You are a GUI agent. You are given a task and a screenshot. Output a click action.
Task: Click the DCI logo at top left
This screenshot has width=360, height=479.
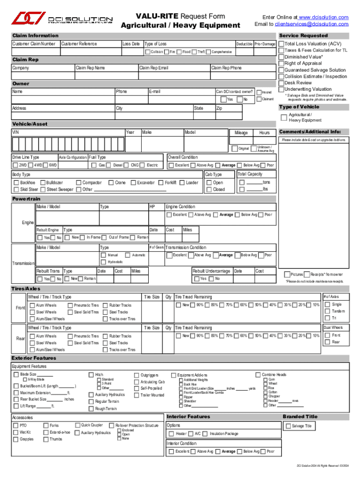[28, 18]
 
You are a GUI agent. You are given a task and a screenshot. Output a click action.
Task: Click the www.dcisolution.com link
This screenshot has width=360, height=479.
[323, 17]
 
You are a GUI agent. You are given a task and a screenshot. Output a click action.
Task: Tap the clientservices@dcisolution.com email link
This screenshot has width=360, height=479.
[311, 24]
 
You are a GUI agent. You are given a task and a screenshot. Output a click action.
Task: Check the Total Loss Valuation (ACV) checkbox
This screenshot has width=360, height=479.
[281, 44]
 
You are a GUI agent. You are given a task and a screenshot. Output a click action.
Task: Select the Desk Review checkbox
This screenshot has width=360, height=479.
[281, 83]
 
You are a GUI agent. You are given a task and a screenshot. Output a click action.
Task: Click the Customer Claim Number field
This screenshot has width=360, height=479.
[36, 51]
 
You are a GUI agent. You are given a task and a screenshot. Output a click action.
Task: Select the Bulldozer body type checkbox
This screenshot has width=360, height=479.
[43, 182]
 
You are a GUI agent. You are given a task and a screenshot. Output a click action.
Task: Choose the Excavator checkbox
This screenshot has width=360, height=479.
[133, 182]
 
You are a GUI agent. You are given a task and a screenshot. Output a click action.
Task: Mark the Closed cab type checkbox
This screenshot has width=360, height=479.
[209, 189]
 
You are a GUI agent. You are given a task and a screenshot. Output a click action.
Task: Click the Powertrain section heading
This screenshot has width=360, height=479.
[27, 199]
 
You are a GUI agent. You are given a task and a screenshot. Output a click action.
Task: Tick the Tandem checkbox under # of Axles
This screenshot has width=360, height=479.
[327, 311]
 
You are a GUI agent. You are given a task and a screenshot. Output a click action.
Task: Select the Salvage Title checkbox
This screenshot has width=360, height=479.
[288, 426]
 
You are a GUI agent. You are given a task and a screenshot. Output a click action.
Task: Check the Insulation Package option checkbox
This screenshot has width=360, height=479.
[206, 434]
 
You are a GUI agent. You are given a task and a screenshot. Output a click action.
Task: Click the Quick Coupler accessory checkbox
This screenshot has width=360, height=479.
[77, 425]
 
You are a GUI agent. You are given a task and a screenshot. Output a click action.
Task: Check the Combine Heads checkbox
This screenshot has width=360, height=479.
[258, 375]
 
